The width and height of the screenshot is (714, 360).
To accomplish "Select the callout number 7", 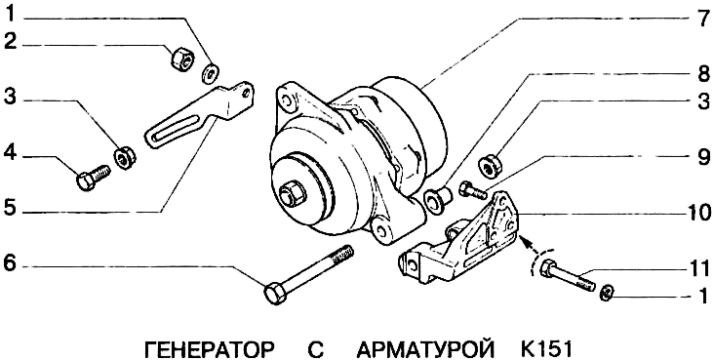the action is pos(701,20).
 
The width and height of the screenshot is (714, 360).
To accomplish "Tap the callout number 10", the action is pos(697,213).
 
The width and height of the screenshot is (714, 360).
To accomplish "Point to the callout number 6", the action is pos(10,264).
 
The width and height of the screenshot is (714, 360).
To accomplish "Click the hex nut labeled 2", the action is pos(182,60).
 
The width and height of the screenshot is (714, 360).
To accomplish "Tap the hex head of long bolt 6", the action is pos(275,293).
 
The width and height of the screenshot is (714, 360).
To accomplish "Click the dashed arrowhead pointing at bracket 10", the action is pos(525,241).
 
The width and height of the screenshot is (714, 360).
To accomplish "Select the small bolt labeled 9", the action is pos(474,189).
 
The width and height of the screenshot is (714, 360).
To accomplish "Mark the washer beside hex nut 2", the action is pos(211,73).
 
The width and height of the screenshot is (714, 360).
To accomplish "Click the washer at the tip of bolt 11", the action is pos(608,292).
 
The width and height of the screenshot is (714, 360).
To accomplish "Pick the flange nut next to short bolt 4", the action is pos(125,158).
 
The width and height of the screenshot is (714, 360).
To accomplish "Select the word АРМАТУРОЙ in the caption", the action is pos(426,350).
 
